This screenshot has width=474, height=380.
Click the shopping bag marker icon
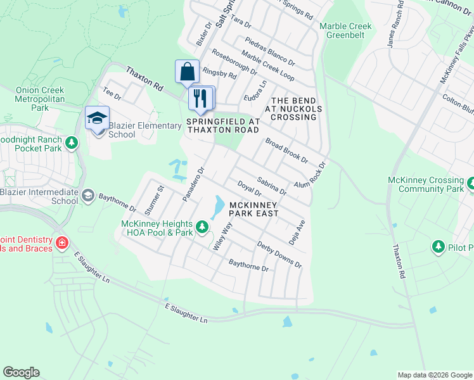click(x=188, y=72)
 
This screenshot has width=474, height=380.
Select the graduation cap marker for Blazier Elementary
click(x=97, y=118)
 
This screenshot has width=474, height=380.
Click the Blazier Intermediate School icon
click(x=88, y=196)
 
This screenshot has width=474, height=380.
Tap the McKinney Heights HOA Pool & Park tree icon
click(x=202, y=227)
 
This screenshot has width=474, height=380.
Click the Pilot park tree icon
click(x=437, y=246)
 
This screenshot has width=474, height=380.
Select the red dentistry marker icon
click(x=61, y=242)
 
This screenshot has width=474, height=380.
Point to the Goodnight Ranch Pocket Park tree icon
click(x=72, y=144)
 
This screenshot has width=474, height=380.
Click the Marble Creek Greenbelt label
click(x=345, y=30)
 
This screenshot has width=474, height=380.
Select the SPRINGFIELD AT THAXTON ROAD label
click(x=222, y=125)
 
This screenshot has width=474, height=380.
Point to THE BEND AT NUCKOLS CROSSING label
click(x=293, y=109)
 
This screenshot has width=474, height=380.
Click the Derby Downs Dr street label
click(x=279, y=254)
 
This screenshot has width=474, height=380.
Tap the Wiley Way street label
click(x=222, y=236)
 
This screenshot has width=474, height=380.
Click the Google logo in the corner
click(x=21, y=372)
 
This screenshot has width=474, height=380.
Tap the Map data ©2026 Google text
click(x=435, y=375)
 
